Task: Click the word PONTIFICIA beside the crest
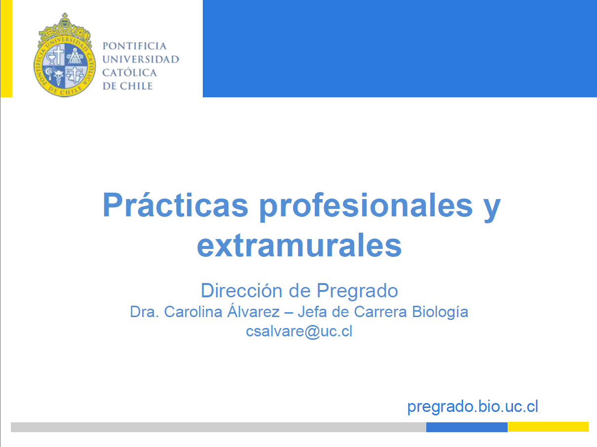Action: (x=134, y=46)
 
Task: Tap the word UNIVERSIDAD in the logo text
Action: (x=141, y=59)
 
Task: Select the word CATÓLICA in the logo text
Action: (x=129, y=72)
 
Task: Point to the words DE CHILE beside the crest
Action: (x=127, y=86)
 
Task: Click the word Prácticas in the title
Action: (x=176, y=205)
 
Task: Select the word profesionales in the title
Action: (x=366, y=206)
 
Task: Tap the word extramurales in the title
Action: (x=299, y=245)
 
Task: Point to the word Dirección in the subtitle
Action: (x=242, y=290)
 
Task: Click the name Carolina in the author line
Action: (x=193, y=312)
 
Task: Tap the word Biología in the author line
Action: (x=440, y=313)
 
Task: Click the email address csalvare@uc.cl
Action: (x=299, y=331)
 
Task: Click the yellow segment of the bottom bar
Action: (x=548, y=427)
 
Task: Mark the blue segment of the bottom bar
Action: (x=467, y=427)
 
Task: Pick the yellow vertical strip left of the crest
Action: (x=6, y=48)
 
